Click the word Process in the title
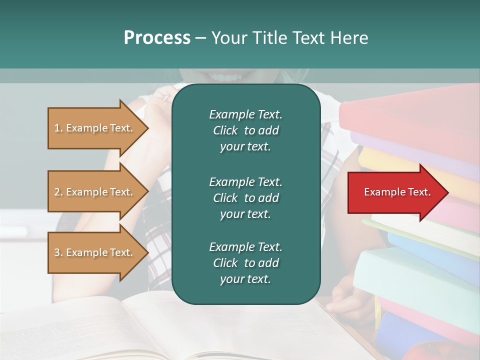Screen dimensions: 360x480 coord(157,38)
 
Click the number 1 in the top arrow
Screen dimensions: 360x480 coord(56,128)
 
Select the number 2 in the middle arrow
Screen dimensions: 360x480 coord(56,192)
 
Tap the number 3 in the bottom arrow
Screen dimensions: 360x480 coord(56,252)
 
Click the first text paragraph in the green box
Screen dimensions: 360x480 coord(245,130)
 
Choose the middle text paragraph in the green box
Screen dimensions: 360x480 coord(245,197)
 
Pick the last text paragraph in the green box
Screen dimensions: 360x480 coord(245,263)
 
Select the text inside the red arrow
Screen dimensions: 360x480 coord(397,192)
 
